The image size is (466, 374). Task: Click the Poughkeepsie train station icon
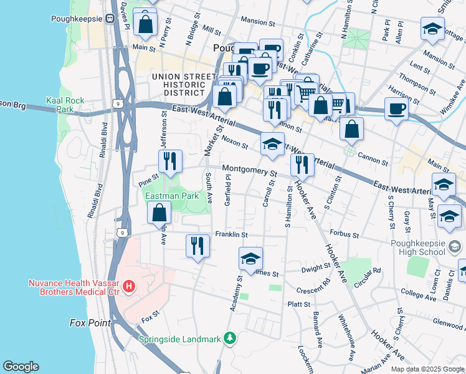[111, 19]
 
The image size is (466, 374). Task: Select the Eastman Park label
[172, 196]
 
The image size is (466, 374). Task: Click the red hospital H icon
[129, 287]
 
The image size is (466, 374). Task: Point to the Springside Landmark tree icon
[231, 338]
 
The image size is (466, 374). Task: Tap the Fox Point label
[90, 323]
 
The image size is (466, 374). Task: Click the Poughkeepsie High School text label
[417, 247]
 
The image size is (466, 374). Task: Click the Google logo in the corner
[21, 367]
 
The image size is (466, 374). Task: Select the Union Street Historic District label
[178, 85]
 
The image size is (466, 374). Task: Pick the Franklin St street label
[232, 235]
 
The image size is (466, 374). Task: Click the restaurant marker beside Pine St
[170, 161]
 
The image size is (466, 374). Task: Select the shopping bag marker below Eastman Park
[159, 213]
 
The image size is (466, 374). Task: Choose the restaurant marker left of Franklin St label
[197, 244]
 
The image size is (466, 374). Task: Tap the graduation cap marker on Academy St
[250, 258]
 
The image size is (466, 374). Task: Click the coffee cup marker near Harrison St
[396, 110]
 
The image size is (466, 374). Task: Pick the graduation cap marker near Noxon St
[272, 145]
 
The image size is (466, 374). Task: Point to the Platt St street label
[299, 304]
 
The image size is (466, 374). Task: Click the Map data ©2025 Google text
[427, 369]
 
